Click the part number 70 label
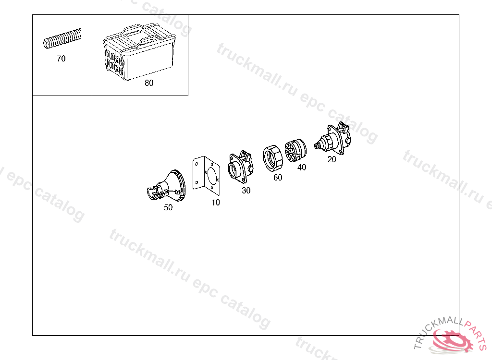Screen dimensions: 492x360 [x=61, y=59]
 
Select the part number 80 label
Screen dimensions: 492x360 [x=149, y=83]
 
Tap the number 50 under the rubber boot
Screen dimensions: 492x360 [x=168, y=207]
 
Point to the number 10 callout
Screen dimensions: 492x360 [x=216, y=203]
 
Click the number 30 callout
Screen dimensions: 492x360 [x=246, y=191]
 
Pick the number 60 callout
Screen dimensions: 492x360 [x=278, y=178]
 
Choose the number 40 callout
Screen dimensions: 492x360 [x=302, y=167]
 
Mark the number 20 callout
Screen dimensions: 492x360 [x=332, y=159]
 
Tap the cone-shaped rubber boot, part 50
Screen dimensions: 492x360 [x=167, y=186]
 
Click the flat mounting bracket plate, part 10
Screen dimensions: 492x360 [x=206, y=176]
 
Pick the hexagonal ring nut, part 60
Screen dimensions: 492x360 [x=272, y=158]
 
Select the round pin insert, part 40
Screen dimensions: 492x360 [x=295, y=151]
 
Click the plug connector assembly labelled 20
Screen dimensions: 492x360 [x=333, y=139]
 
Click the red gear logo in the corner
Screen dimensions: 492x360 [x=452, y=340]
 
